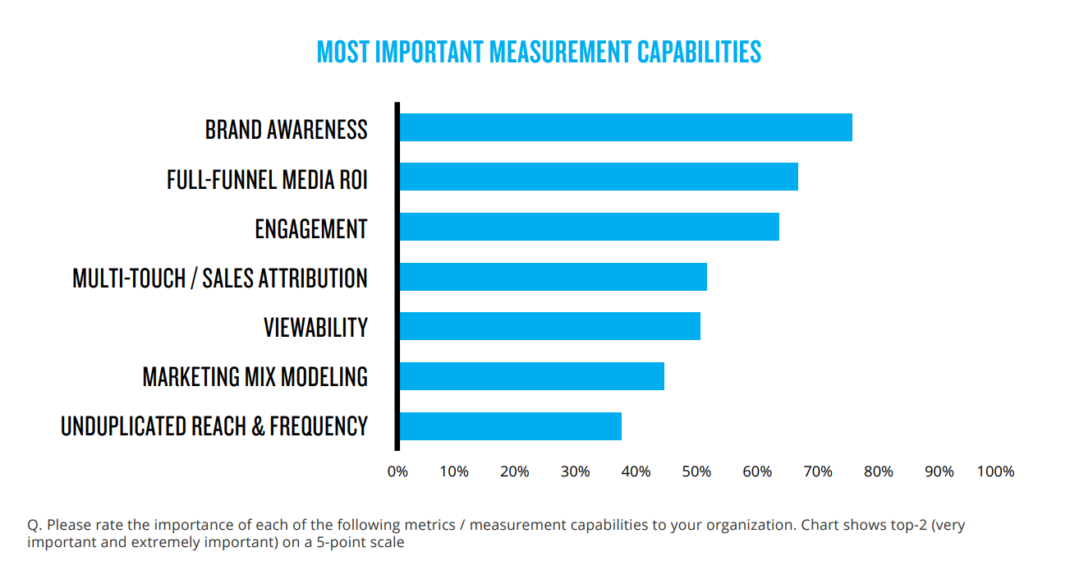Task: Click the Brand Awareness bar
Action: point(625,128)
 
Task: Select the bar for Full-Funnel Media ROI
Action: point(598,177)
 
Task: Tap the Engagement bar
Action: point(588,227)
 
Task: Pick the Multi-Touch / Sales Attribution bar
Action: point(552,277)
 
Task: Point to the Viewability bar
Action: point(549,326)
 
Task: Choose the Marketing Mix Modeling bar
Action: point(531,376)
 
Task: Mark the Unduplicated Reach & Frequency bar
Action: point(509,426)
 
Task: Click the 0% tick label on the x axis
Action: point(397,471)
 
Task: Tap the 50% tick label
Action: point(696,471)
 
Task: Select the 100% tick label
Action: point(995,471)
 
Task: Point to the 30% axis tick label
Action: point(575,471)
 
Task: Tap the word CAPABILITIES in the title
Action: point(699,53)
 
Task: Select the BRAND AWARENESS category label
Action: point(286,130)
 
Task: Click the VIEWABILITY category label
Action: point(315,328)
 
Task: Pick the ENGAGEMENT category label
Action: point(310,229)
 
